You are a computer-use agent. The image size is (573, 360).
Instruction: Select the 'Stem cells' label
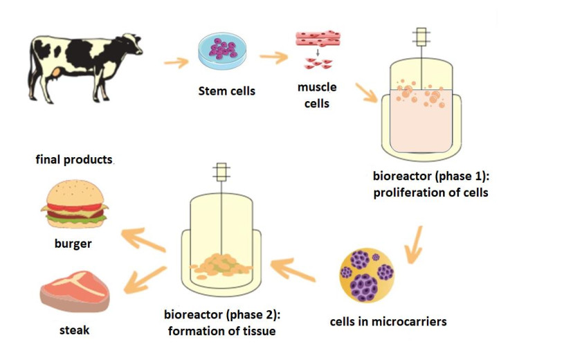tap(226, 91)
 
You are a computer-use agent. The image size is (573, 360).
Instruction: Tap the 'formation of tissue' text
tap(221, 331)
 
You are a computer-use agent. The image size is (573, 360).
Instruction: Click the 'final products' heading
tap(74, 160)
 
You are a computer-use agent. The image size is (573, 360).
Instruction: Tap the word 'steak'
tap(74, 330)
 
